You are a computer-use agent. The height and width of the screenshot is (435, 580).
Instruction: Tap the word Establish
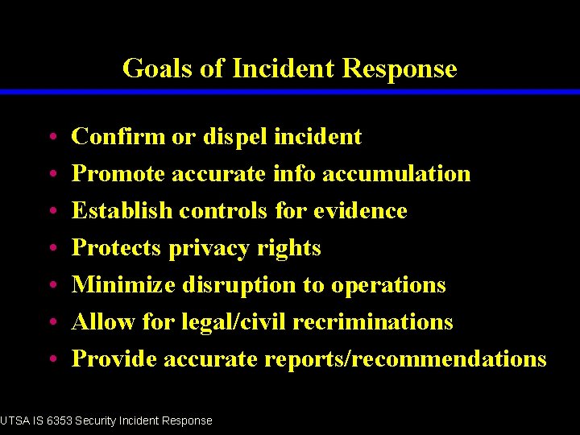122,211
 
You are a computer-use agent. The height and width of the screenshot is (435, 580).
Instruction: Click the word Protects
117,248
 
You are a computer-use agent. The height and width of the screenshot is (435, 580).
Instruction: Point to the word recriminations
373,322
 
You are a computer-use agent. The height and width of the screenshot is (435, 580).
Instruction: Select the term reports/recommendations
405,359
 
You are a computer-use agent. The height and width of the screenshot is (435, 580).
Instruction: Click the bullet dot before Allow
51,323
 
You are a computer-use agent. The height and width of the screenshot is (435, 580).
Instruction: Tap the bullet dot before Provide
51,360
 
